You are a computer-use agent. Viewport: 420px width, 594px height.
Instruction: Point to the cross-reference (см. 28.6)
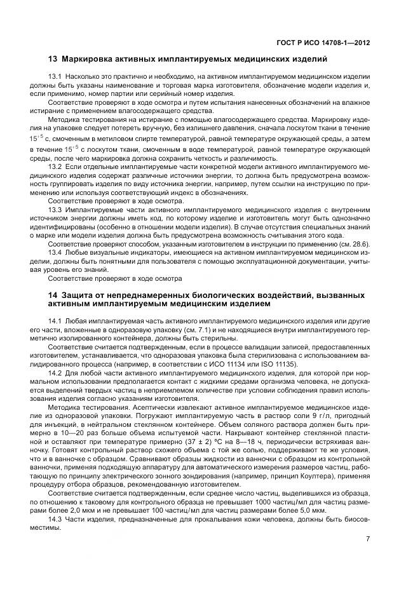click(356, 244)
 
